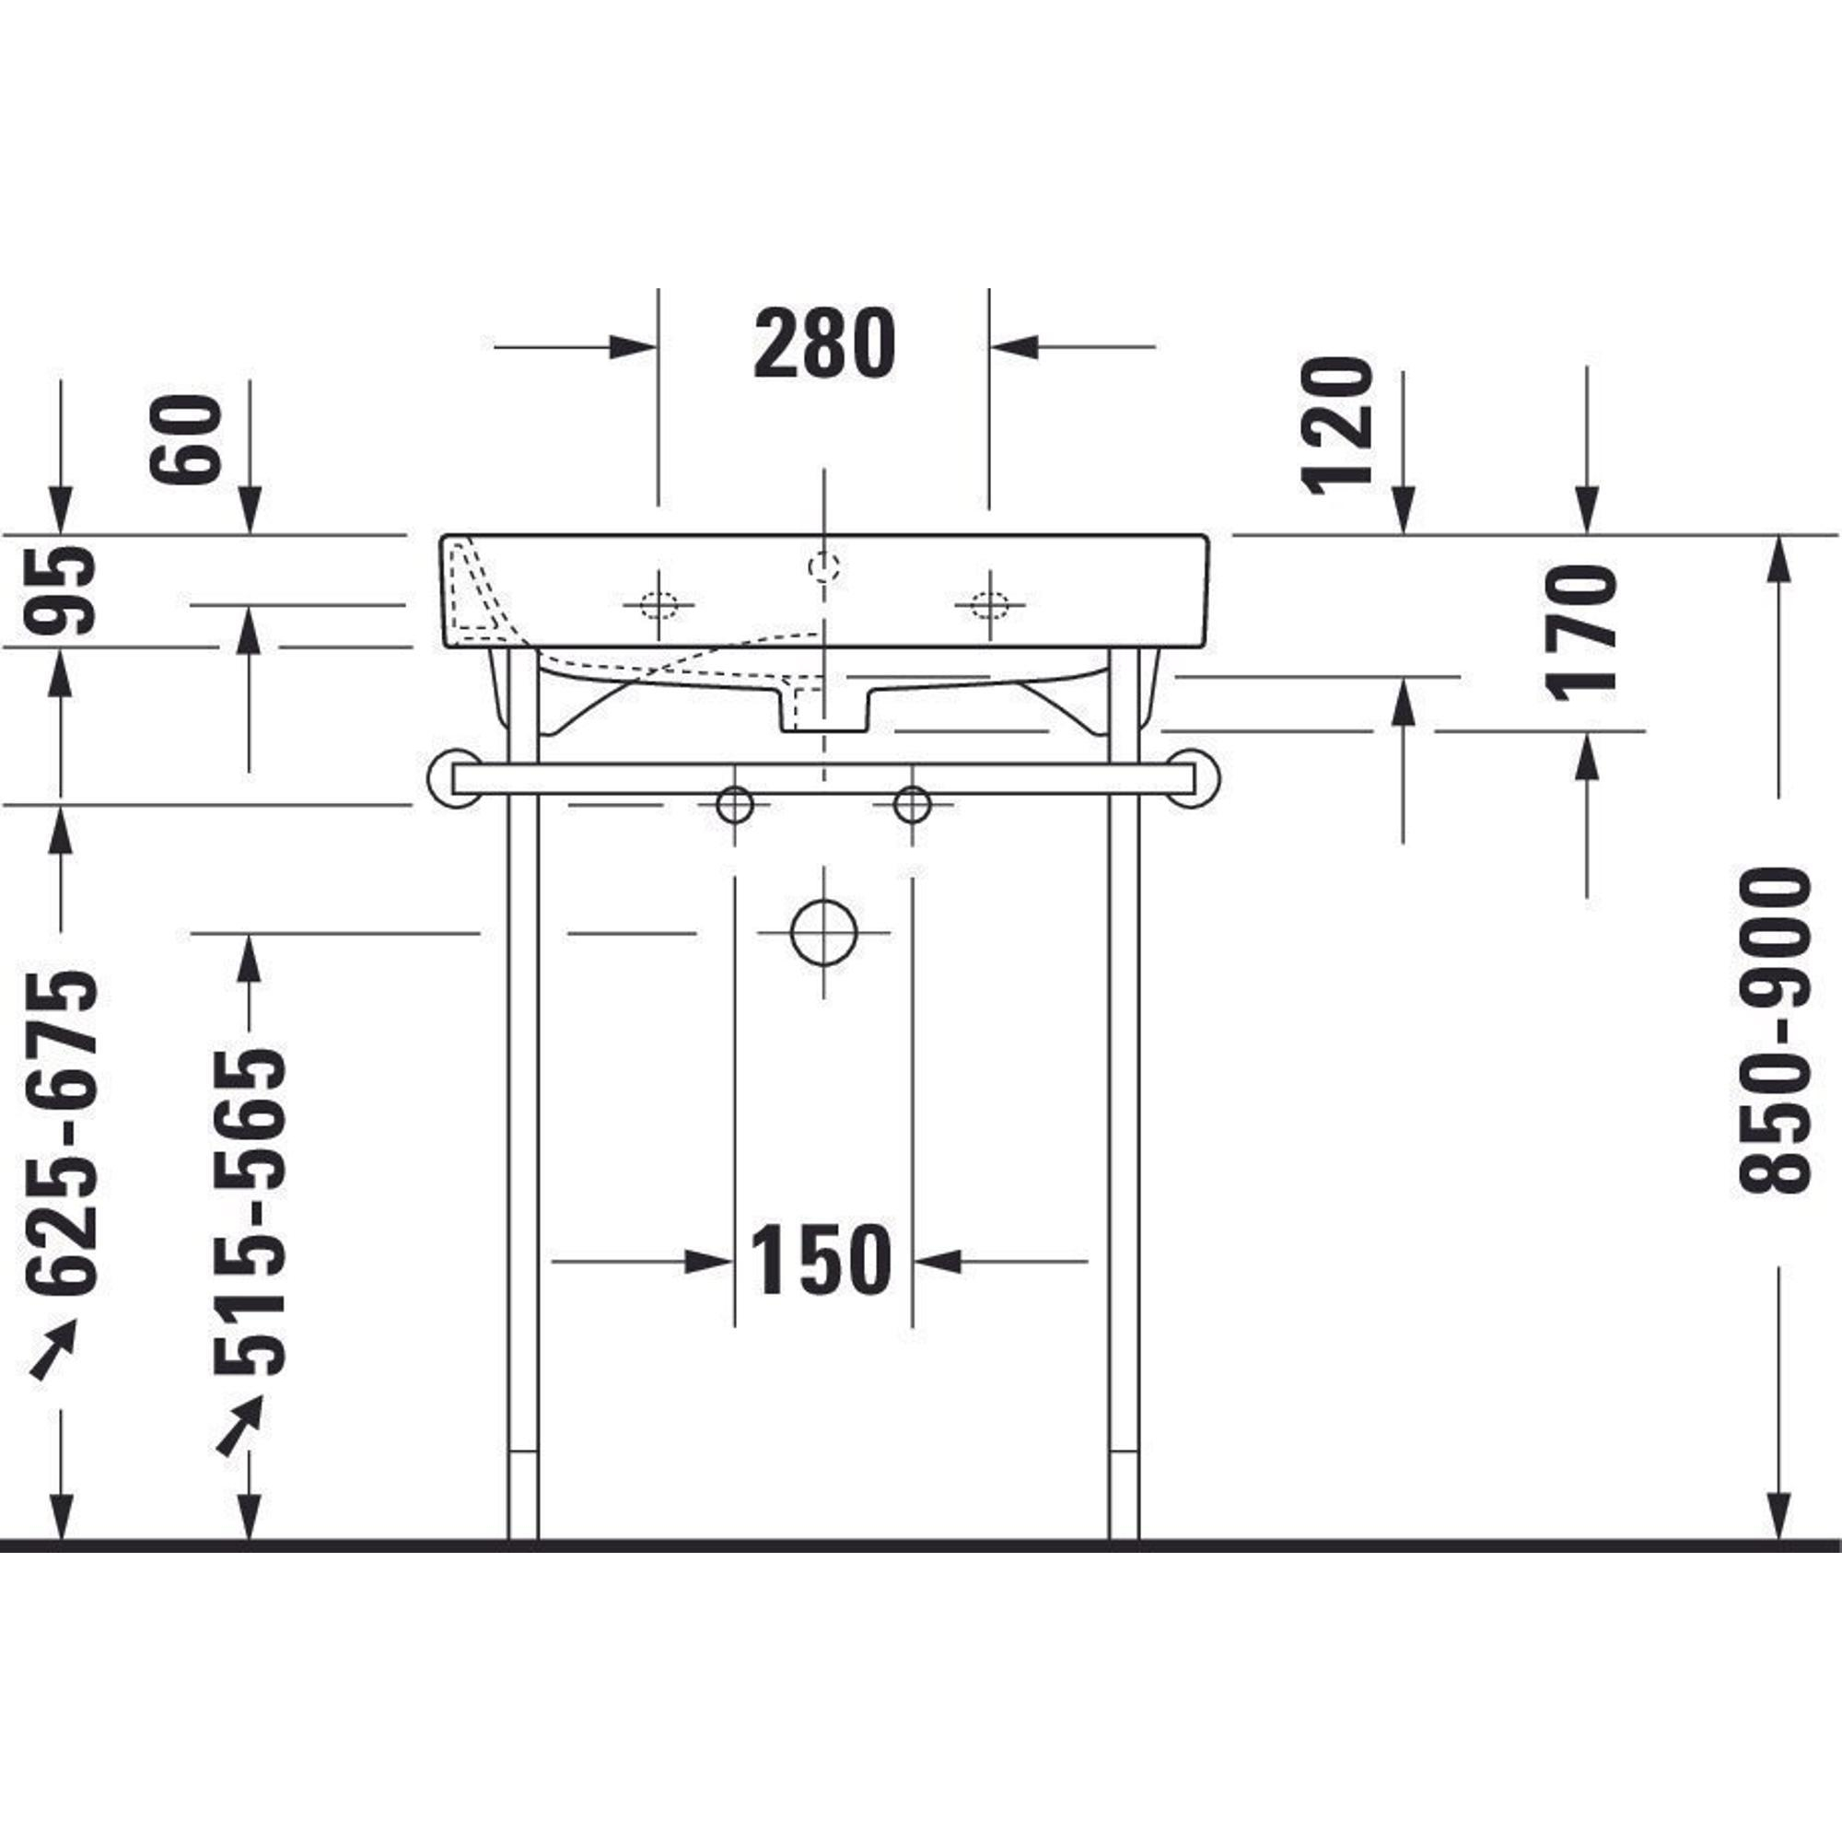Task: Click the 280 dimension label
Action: pyautogui.click(x=824, y=344)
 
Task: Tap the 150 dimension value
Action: pyautogui.click(x=822, y=1261)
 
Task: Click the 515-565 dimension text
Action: pyautogui.click(x=250, y=1212)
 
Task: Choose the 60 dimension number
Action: pyautogui.click(x=185, y=439)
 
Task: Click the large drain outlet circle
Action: pyautogui.click(x=823, y=932)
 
